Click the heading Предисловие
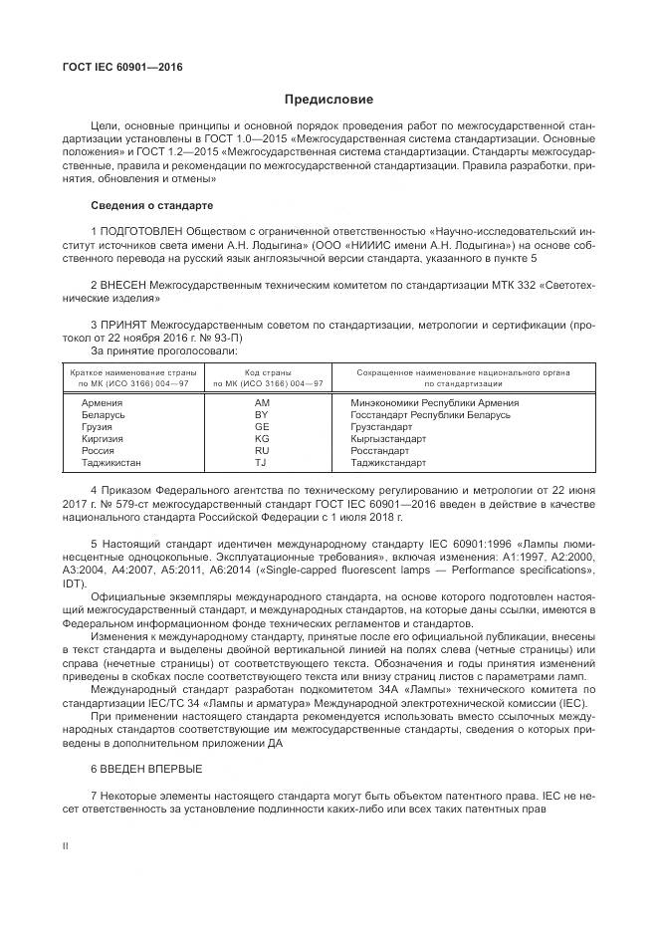tap(329, 100)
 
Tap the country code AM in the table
tap(262, 402)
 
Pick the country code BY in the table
tap(262, 414)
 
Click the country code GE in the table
tap(262, 426)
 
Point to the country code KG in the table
tap(262, 438)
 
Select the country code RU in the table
tap(262, 450)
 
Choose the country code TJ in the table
tap(261, 462)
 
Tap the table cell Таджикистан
tap(111, 462)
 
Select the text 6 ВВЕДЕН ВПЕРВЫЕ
tap(145, 769)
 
